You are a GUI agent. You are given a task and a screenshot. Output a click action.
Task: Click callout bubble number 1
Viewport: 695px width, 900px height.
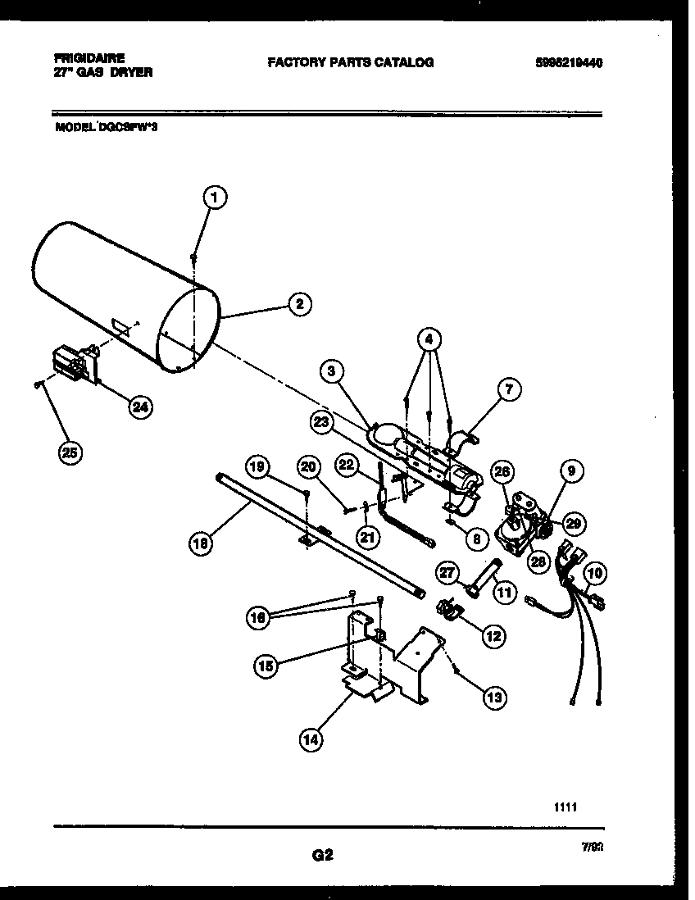[x=215, y=197]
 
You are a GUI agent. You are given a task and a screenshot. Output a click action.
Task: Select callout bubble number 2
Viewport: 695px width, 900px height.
[x=300, y=303]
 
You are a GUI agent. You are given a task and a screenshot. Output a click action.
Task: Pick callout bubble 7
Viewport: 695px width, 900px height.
[x=508, y=392]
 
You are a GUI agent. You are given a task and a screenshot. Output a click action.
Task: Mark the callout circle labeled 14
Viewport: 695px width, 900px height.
[x=311, y=739]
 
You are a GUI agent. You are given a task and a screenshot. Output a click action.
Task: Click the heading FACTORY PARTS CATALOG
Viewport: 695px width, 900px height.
[x=350, y=62]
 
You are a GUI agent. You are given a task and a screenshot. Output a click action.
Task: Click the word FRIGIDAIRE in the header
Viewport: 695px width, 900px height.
[x=89, y=58]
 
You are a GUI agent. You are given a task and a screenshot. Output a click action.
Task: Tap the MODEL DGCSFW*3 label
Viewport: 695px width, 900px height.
[x=107, y=127]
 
